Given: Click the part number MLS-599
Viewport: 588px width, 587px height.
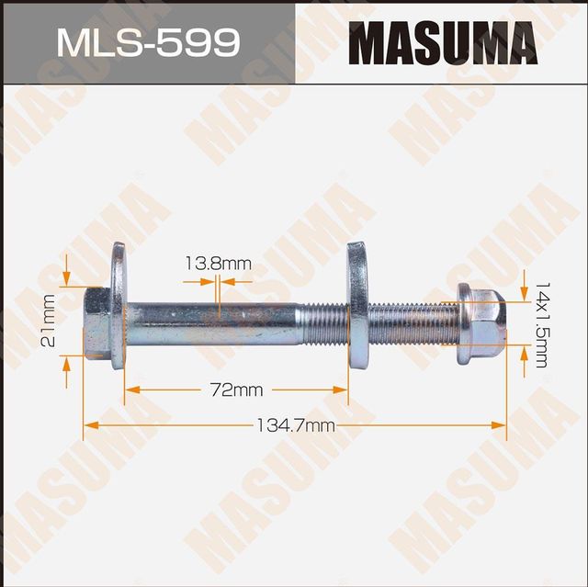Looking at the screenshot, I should pos(147,42).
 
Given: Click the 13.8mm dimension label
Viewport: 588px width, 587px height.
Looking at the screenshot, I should pos(218,265).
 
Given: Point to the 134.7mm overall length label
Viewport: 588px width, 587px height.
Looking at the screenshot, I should pos(295,425).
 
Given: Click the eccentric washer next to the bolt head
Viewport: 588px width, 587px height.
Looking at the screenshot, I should pos(119,304).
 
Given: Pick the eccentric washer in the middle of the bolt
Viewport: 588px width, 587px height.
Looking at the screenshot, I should pos(357,302).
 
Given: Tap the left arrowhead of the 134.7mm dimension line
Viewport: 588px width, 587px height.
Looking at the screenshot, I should pos(88,425).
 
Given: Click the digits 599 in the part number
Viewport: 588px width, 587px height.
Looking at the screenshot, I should pos(200,42).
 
